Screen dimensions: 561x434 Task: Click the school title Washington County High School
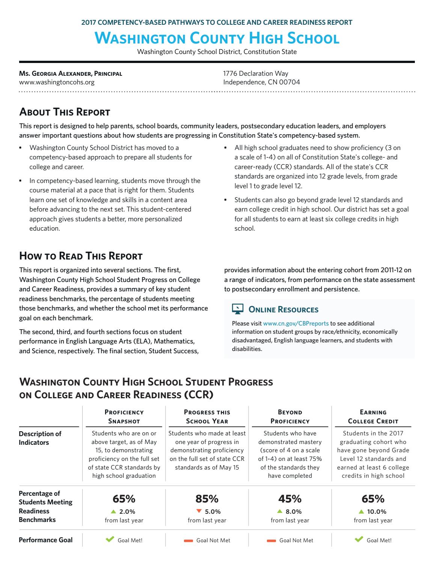pos(217,38)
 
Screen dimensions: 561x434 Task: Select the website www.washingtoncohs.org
pos(57,82)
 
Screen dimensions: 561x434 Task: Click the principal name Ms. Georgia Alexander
pos(71,73)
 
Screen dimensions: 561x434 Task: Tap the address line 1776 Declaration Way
pos(256,73)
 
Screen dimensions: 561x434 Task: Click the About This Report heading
pos(65,112)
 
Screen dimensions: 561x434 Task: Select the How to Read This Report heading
pos(81,256)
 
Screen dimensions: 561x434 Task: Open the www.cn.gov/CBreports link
pos(296,323)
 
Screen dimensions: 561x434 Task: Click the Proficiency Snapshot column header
pos(124,417)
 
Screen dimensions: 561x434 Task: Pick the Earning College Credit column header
pos(373,417)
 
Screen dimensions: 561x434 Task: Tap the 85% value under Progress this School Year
pos(207,499)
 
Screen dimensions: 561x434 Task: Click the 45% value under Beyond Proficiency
pos(290,499)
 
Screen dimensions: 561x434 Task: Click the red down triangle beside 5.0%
pos(199,511)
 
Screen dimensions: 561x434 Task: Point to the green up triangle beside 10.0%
pos(361,511)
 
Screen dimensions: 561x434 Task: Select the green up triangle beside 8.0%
pos(279,511)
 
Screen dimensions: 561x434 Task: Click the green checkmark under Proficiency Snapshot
pos(110,539)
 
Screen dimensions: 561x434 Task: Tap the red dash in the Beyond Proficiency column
pos(271,541)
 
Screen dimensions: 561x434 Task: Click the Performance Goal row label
pos(46,540)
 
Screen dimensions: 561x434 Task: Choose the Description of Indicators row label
pos(40,438)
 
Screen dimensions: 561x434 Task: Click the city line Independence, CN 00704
pos(261,82)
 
